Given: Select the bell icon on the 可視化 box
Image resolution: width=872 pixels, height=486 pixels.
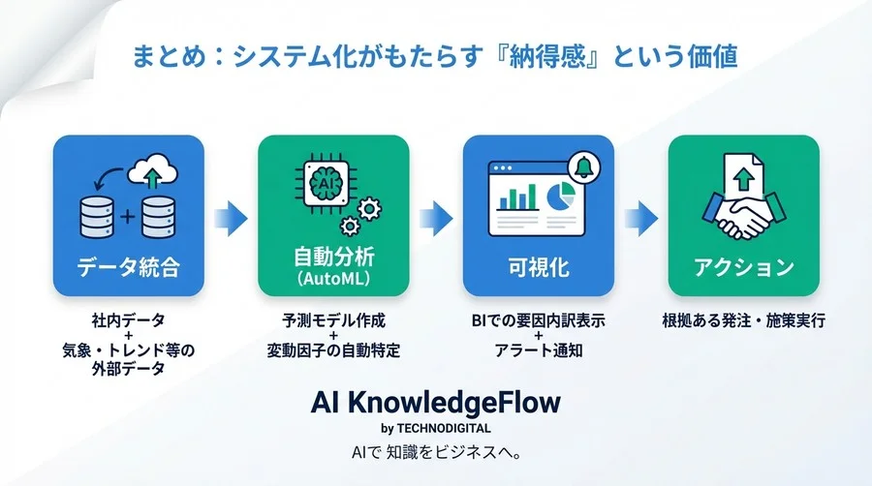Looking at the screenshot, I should pos(584,166).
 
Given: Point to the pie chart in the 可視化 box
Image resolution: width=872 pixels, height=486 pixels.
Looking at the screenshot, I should pos(559,196).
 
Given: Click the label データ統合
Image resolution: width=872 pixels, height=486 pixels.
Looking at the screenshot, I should pos(129,267).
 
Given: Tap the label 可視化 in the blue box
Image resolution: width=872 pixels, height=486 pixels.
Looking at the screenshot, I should pos(539,267).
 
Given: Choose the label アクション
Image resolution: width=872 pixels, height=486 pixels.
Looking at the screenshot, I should pos(744,266).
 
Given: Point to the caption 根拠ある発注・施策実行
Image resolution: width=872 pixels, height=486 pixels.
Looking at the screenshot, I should pos(744,321).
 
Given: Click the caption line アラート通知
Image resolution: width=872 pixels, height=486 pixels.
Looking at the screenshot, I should pos(539,350).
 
